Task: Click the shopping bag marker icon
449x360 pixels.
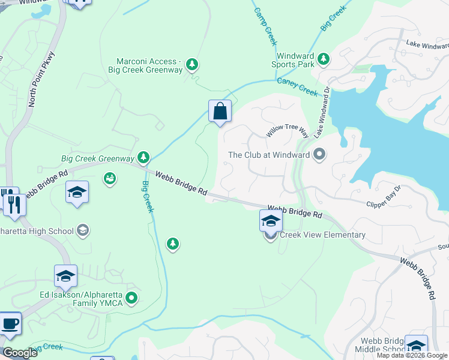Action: click(x=220, y=111)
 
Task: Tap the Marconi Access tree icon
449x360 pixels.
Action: click(x=191, y=64)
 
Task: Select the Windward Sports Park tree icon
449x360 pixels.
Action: click(x=324, y=58)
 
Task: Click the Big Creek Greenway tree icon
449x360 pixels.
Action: click(x=143, y=157)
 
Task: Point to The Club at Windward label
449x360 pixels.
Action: click(x=269, y=155)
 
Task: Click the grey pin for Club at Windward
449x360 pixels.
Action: click(x=319, y=155)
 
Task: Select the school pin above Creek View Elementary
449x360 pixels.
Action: click(x=271, y=221)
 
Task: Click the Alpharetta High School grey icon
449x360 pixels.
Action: click(x=83, y=230)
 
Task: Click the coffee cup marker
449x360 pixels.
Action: click(x=10, y=323)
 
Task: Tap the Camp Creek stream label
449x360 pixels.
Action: click(x=265, y=26)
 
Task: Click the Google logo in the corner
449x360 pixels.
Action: click(x=20, y=353)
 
